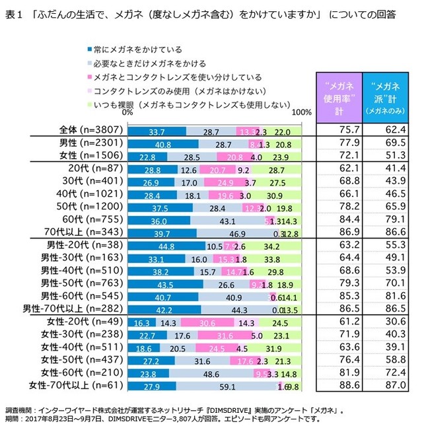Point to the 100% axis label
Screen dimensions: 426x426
(301, 113)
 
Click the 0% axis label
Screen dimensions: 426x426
(127, 113)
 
